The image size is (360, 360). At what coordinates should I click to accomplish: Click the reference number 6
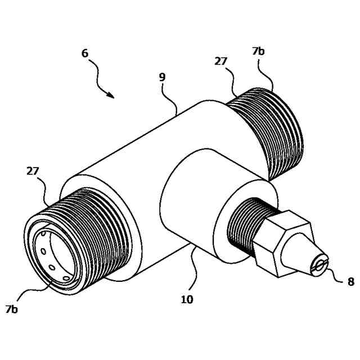click(x=85, y=53)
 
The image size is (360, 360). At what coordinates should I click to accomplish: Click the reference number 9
click(x=162, y=77)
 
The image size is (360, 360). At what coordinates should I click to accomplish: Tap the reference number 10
click(x=187, y=299)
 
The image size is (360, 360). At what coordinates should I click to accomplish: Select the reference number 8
click(x=350, y=281)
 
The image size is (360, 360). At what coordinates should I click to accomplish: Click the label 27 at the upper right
click(x=220, y=61)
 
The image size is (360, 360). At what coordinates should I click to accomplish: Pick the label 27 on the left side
click(x=33, y=171)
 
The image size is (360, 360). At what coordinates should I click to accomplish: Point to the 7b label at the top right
click(x=258, y=51)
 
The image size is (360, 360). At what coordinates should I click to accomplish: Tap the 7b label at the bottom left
click(x=12, y=309)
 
